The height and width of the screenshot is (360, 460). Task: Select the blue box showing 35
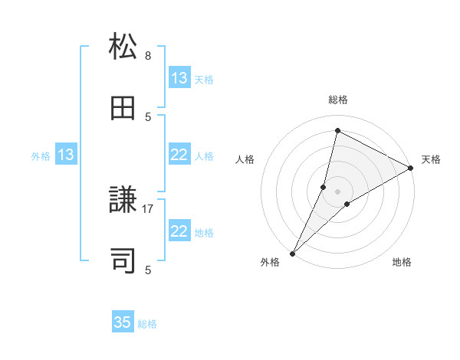point(123,322)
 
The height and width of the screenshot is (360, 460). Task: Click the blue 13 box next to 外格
point(66,155)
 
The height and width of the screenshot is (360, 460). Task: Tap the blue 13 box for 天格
point(179,78)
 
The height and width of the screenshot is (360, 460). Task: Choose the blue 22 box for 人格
point(179,155)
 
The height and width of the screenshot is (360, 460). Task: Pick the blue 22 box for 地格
point(179,231)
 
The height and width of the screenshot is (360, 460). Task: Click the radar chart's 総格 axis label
point(338,100)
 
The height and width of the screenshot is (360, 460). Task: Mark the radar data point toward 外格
point(292,253)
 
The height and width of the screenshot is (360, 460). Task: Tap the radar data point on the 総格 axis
point(337,131)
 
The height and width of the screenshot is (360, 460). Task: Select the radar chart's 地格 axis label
point(402,263)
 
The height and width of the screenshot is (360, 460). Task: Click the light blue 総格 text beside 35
point(147,324)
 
